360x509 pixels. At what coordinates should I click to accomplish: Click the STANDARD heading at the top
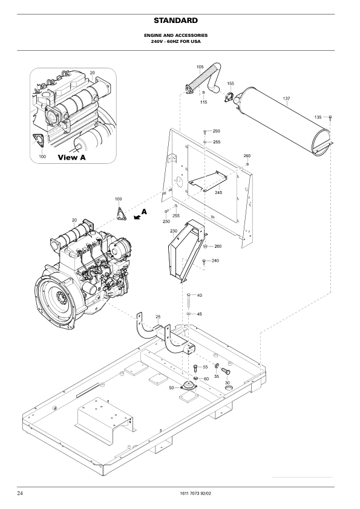click(x=175, y=21)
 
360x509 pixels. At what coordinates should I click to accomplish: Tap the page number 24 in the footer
click(x=20, y=493)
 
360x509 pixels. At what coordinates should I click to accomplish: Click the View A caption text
click(x=72, y=157)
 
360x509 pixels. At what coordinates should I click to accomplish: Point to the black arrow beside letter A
click(x=137, y=217)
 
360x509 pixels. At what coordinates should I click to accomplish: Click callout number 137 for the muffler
click(x=286, y=99)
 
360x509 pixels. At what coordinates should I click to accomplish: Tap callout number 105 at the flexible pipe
click(x=200, y=67)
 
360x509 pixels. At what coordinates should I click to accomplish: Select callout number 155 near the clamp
click(x=231, y=84)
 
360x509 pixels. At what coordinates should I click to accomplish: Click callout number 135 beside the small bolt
click(x=318, y=117)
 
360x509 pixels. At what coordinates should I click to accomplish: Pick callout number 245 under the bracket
click(x=218, y=192)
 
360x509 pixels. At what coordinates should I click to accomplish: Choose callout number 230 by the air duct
click(x=174, y=231)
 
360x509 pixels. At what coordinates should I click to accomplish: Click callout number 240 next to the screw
click(x=215, y=261)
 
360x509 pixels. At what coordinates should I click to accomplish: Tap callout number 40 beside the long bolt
click(x=200, y=296)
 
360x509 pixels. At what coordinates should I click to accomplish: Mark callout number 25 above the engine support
click(x=158, y=317)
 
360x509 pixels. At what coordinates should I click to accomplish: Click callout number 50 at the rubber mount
click(x=172, y=387)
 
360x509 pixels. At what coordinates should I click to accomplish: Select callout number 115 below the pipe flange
click(x=203, y=102)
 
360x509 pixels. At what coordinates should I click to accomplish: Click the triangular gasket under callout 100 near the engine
click(x=121, y=212)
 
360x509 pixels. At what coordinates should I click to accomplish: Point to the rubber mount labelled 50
click(x=188, y=386)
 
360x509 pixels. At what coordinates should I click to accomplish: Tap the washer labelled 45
click(x=189, y=314)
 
